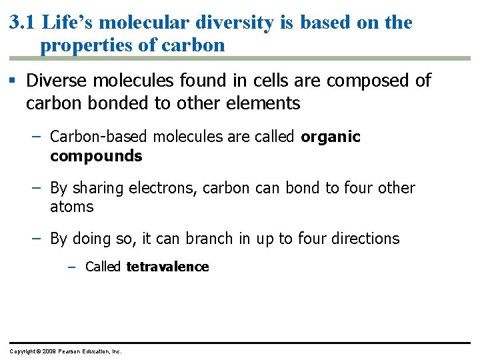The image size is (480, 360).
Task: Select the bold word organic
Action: click(331, 137)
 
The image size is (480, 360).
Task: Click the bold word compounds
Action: click(96, 156)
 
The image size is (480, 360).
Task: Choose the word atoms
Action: click(72, 207)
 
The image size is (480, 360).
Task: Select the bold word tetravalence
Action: click(167, 267)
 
